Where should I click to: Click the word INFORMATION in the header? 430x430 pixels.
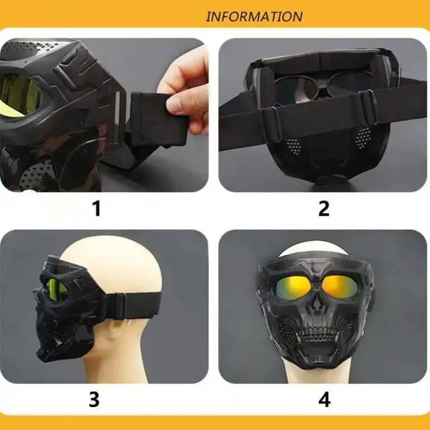[254, 17]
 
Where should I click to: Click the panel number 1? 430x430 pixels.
[97, 208]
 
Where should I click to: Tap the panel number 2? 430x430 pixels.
[324, 208]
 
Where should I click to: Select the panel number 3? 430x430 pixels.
[94, 399]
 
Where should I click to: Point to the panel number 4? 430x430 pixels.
[324, 399]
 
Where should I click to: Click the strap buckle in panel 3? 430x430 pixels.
[116, 304]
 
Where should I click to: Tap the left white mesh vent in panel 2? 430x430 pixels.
[293, 146]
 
